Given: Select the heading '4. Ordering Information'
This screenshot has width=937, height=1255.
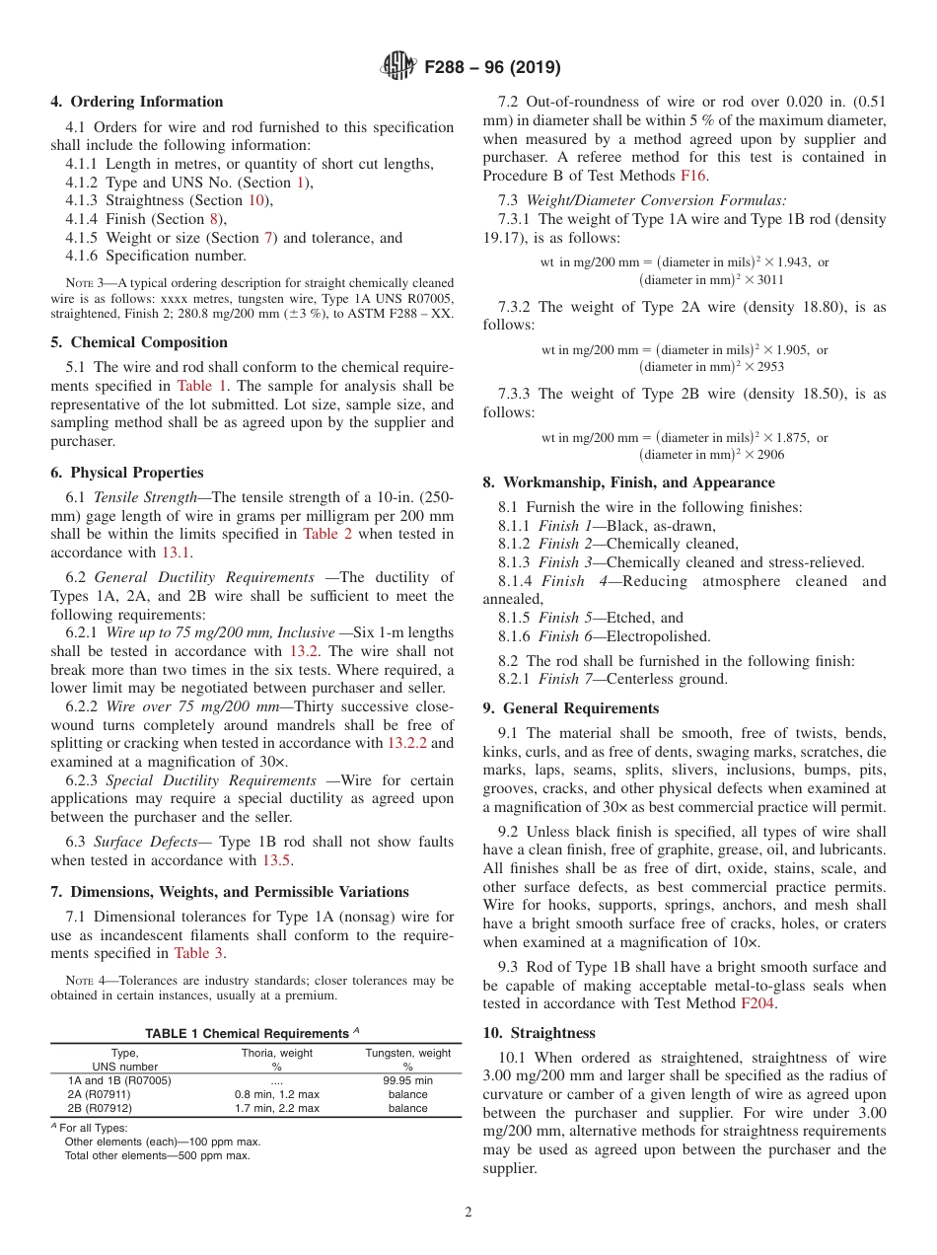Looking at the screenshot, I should [137, 102].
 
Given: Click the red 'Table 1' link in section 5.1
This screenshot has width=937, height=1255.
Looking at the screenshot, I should [200, 386].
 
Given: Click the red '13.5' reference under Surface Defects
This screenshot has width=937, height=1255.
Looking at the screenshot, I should [276, 860].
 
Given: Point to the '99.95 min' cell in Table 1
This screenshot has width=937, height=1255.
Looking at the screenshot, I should [407, 1080].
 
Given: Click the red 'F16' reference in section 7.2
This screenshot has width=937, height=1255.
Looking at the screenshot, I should [693, 176].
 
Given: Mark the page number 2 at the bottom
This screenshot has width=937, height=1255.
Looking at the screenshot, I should [468, 1213].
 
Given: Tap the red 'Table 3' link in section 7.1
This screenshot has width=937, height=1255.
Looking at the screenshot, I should [198, 952].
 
